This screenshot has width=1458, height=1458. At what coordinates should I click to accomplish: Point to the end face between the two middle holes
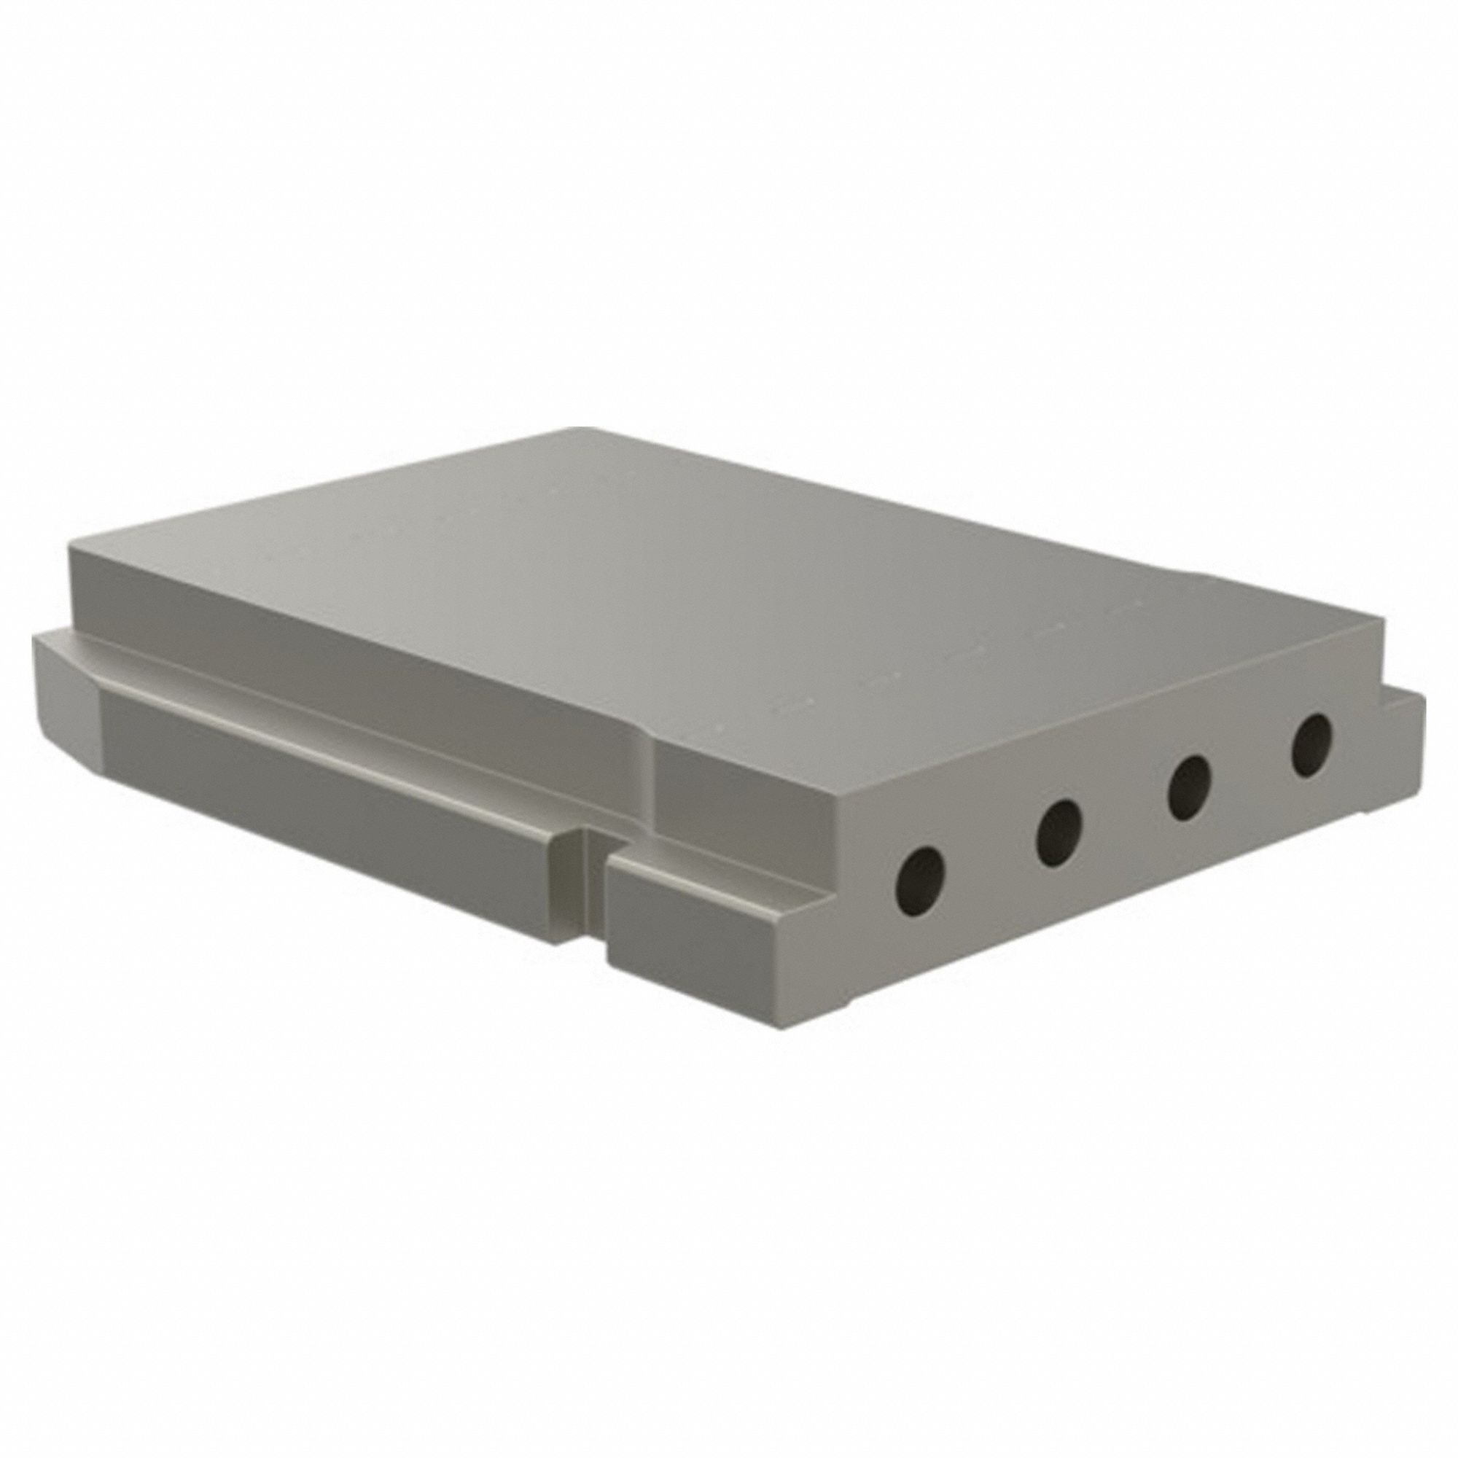click(1124, 815)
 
